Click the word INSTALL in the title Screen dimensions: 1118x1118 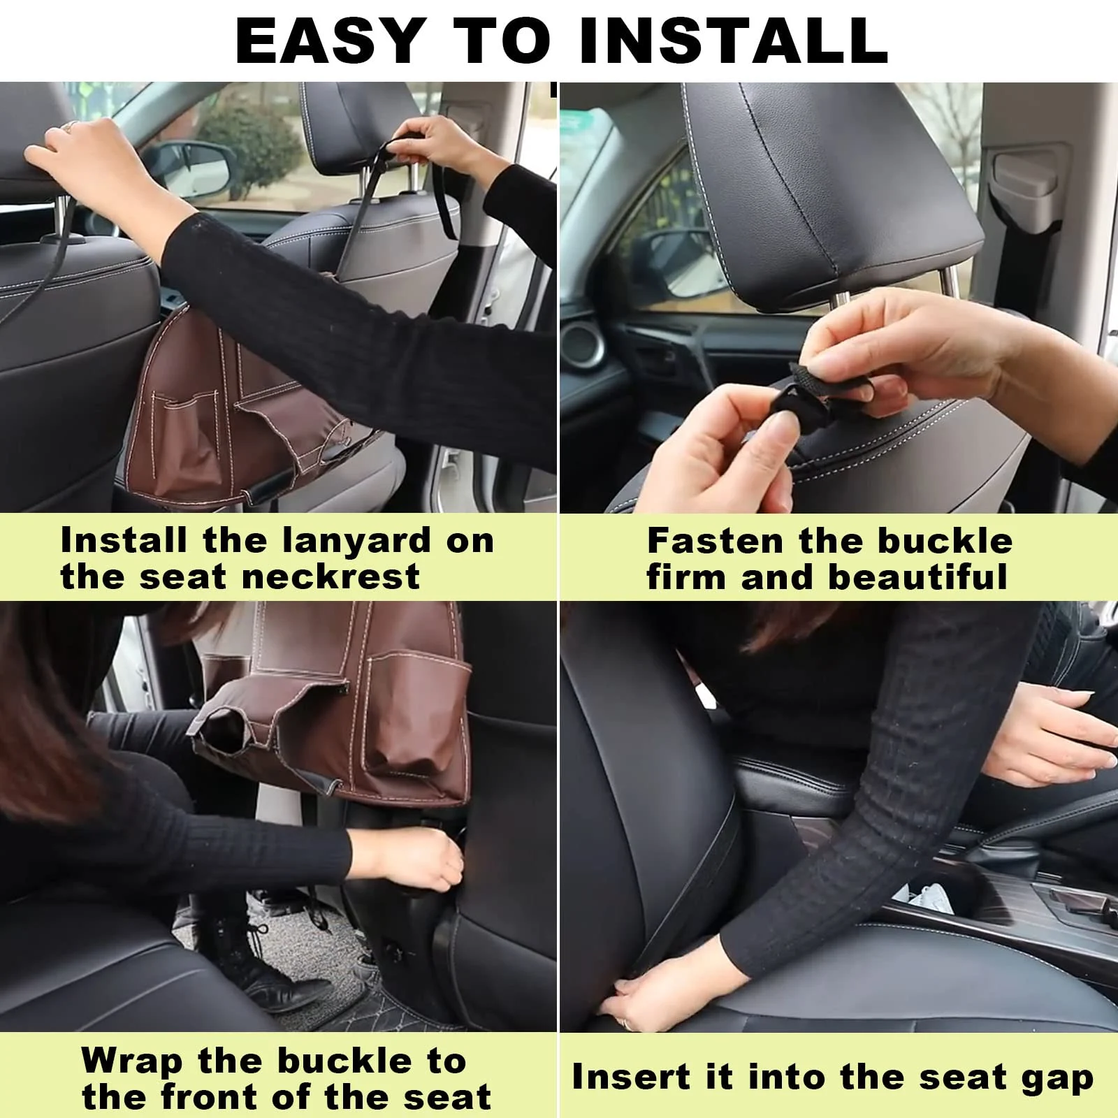coord(733,40)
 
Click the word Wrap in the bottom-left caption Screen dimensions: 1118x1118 coord(131,1061)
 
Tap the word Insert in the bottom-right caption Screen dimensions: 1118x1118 coord(631,1077)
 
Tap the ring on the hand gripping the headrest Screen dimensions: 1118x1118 coord(71,126)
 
